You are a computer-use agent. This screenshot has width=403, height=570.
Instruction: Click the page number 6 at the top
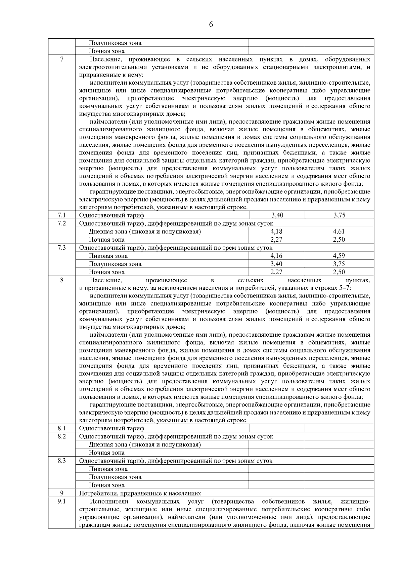[211, 24]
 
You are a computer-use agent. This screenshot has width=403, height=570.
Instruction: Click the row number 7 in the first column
[62, 59]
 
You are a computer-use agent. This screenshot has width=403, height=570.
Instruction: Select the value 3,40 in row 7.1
[277, 216]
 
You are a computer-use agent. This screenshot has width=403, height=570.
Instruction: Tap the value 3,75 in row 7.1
[339, 216]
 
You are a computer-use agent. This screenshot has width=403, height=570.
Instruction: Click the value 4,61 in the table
[339, 232]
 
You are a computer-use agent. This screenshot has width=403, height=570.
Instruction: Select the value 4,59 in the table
[339, 256]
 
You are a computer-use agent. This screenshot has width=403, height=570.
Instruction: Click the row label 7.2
[62, 223]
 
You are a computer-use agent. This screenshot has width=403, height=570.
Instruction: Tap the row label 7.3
[62, 248]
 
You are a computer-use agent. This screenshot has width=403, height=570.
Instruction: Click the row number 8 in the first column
[62, 280]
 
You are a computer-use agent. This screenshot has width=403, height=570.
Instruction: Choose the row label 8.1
[62, 428]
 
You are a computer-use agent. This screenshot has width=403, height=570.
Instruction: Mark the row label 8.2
[62, 436]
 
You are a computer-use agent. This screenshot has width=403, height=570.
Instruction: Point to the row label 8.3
[62, 461]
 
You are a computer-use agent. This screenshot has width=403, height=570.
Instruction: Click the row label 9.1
[62, 502]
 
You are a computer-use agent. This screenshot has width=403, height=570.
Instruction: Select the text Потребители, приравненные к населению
[140, 493]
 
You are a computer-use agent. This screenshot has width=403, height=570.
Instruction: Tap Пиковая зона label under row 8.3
[108, 469]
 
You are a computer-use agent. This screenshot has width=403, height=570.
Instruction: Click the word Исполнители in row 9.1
[109, 502]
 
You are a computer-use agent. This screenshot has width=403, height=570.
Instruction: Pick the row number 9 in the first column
[62, 493]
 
